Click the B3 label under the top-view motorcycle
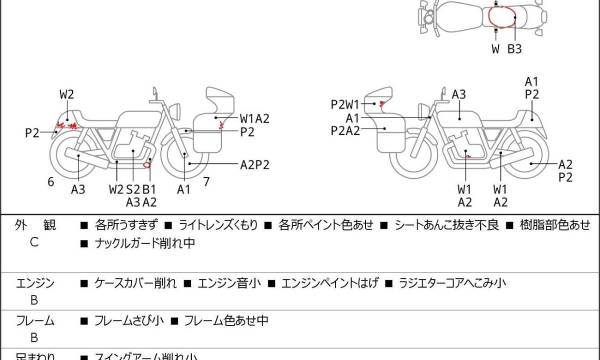coord(514,49)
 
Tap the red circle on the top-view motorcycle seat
coord(502,17)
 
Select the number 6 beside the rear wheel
coord(50,182)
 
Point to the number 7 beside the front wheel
coord(206,181)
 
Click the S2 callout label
coord(133,189)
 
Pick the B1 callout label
coord(149,189)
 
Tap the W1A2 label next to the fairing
coord(254,118)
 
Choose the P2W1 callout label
coord(345,104)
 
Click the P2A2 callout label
coord(345,130)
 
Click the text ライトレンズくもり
coord(218,225)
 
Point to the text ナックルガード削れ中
coord(144,243)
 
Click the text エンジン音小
coord(229,283)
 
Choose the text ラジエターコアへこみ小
coord(452,283)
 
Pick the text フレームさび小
coord(129,320)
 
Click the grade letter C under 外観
coord(34,243)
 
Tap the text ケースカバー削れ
coord(135,283)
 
